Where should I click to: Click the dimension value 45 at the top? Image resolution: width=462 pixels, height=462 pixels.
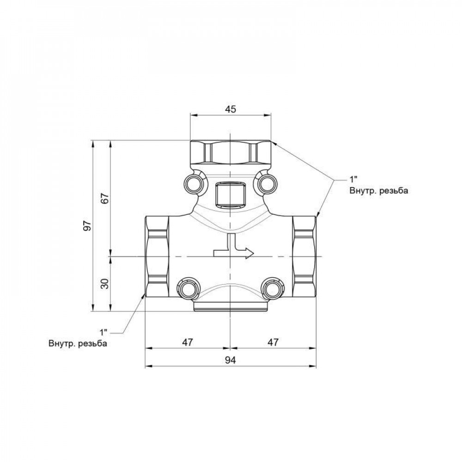pyautogui.click(x=231, y=109)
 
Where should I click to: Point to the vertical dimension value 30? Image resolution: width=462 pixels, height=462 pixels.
pyautogui.click(x=105, y=283)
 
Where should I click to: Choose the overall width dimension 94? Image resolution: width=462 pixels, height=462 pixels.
pyautogui.click(x=231, y=360)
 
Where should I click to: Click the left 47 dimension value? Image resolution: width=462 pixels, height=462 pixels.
pyautogui.click(x=187, y=342)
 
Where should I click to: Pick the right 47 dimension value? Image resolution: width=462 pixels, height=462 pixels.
pyautogui.click(x=274, y=342)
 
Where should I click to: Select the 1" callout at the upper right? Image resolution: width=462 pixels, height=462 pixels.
pyautogui.click(x=353, y=180)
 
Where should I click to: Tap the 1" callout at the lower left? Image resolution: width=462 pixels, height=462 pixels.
pyautogui.click(x=103, y=332)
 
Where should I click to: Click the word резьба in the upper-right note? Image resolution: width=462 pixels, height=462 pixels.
pyautogui.click(x=393, y=190)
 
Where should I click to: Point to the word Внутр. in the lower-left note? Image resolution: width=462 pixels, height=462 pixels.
pyautogui.click(x=62, y=344)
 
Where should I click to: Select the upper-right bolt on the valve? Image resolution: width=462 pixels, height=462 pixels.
pyautogui.click(x=267, y=184)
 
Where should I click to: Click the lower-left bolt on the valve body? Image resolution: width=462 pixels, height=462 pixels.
pyautogui.click(x=187, y=289)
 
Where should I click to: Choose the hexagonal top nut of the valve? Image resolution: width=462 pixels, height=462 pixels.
pyautogui.click(x=231, y=152)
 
